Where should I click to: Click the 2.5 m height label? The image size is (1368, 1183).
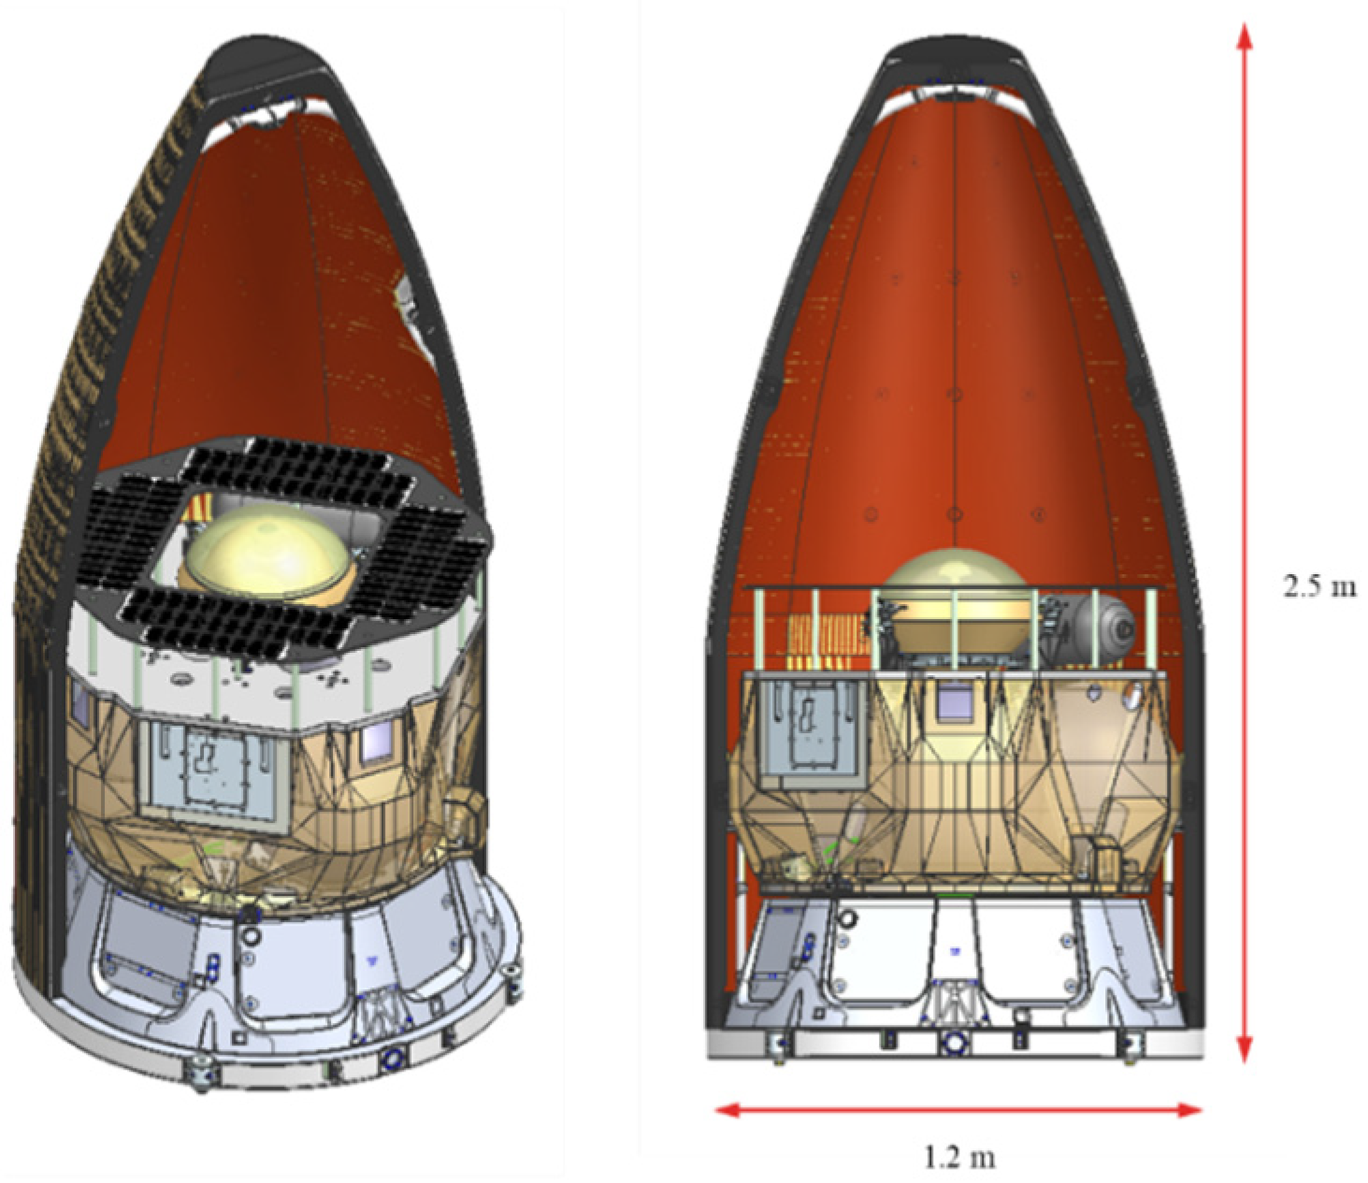1318,587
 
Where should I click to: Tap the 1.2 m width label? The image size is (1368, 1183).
958,1158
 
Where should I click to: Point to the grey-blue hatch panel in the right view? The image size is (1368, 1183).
806,726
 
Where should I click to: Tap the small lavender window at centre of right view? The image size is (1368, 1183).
954,700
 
